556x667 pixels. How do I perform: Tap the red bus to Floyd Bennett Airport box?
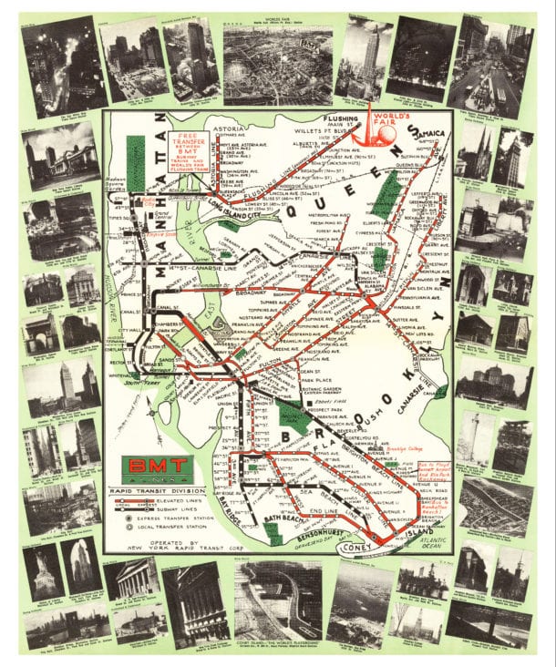coord(441,475)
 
